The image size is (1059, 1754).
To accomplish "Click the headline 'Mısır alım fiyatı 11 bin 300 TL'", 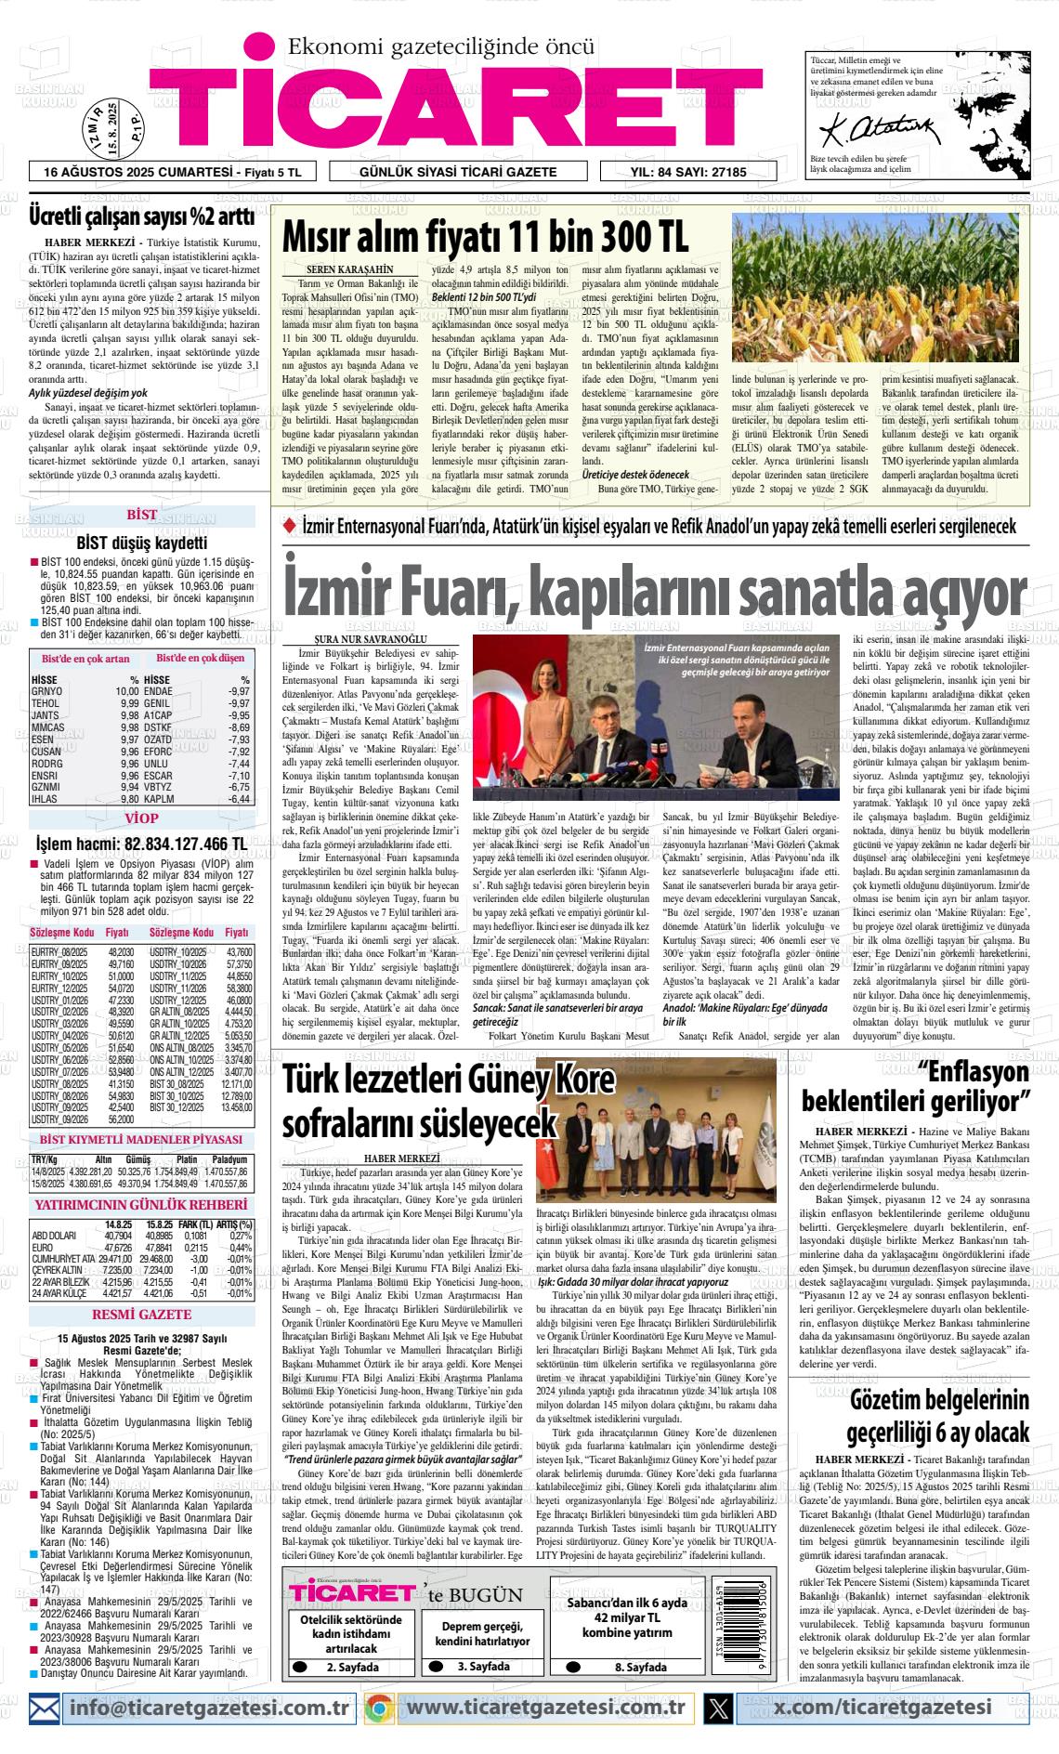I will pyautogui.click(x=485, y=237).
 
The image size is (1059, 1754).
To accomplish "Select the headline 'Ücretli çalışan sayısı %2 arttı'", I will pyautogui.click(x=141, y=216).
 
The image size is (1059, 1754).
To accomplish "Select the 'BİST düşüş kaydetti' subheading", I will pyautogui.click(x=141, y=543).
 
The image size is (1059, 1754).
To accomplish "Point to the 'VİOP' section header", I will pyautogui.click(x=141, y=818).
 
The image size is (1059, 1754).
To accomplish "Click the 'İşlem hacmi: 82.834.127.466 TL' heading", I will pyautogui.click(x=141, y=844).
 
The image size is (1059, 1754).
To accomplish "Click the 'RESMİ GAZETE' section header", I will pyautogui.click(x=141, y=1315).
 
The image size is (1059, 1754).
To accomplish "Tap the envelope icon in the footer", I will pyautogui.click(x=45, y=1708).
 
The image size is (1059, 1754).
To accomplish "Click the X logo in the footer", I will pyautogui.click(x=718, y=1708).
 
